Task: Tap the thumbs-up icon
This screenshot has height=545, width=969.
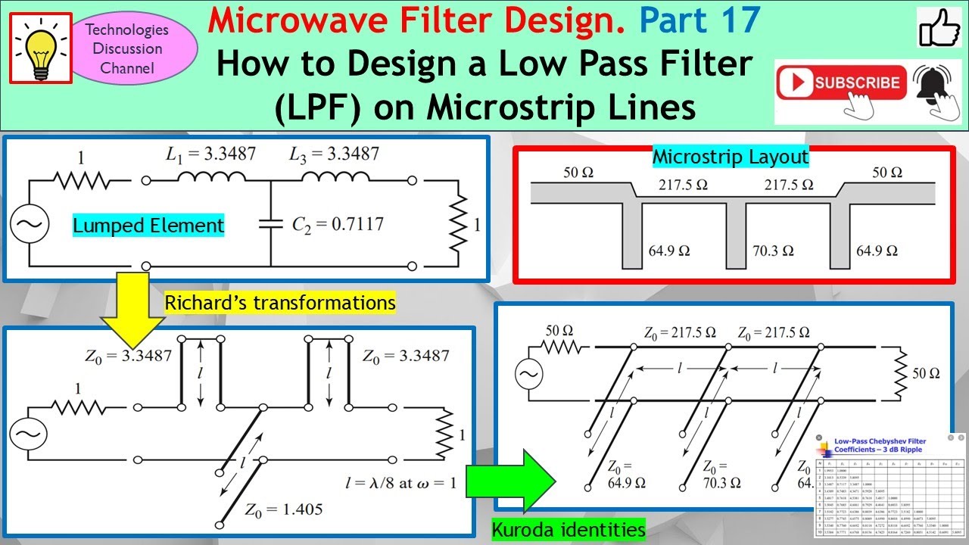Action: pos(939,29)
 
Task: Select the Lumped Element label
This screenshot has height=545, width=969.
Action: pos(148,225)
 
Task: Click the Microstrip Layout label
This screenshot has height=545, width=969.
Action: pos(731,157)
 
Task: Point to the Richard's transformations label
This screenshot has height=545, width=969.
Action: pos(280,303)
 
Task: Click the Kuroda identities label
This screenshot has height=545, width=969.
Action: pos(569,529)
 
